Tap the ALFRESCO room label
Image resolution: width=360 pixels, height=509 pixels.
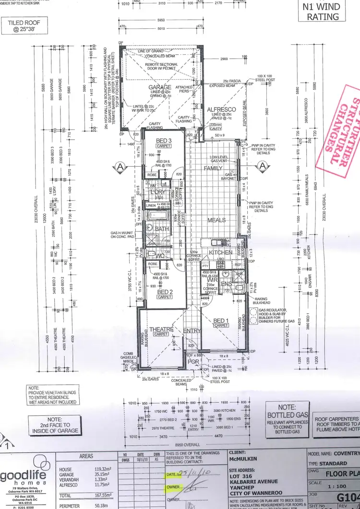221,110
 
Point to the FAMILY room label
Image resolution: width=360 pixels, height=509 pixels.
213,169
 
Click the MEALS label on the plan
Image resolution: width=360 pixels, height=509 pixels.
216,220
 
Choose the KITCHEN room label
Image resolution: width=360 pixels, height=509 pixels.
220,252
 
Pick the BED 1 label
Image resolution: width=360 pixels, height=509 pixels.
221,320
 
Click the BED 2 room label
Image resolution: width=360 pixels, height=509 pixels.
165,291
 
